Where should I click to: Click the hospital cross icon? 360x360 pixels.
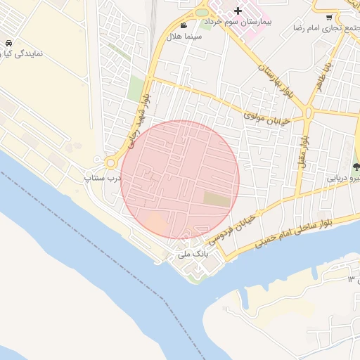[238, 11]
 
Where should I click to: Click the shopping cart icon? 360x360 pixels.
[329, 18]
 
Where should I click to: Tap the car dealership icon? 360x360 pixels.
[7, 42]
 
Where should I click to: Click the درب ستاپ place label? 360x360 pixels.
[103, 178]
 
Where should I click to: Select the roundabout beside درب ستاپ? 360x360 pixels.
[110, 164]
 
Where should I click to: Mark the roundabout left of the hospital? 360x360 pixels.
[202, 12]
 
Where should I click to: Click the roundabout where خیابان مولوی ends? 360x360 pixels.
[308, 112]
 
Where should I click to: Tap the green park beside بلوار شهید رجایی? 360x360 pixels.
[135, 89]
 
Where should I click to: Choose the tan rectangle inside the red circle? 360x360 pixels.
[217, 200]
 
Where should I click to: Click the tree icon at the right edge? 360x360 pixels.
[356, 167]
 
